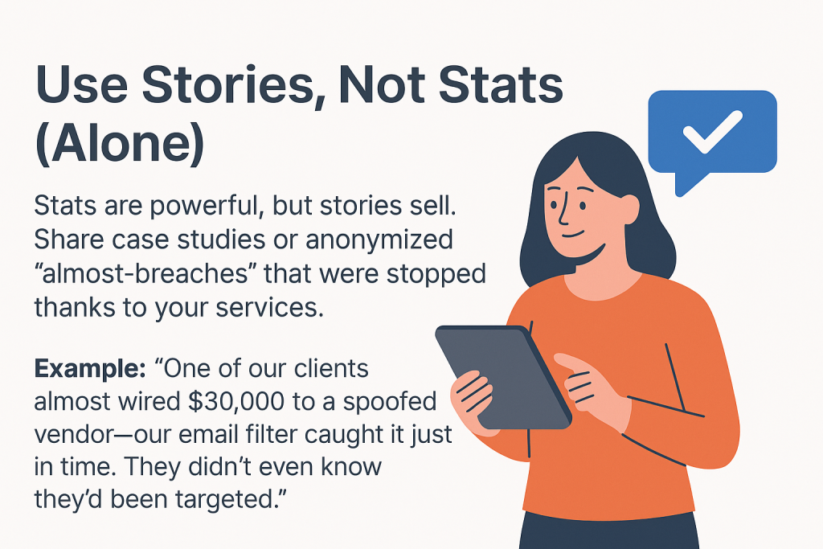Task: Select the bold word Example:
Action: pos(90,370)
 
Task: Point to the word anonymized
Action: pos(379,240)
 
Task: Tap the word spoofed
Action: pos(390,403)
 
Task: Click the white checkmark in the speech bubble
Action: pos(712,131)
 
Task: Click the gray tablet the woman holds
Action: pos(502,375)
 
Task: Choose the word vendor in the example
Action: pos(80,436)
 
